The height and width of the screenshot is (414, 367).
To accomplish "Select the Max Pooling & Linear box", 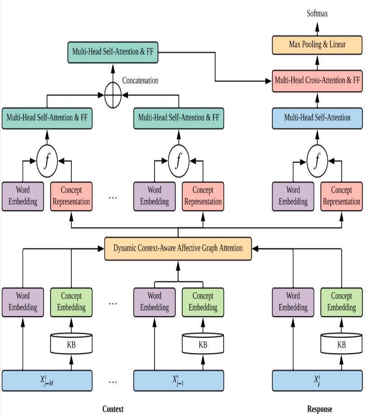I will click(x=317, y=44).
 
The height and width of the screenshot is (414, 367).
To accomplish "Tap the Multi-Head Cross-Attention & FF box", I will click(x=317, y=81).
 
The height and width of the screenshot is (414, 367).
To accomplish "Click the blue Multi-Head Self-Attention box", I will click(x=317, y=118).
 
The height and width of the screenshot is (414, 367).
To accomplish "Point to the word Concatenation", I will click(x=140, y=81).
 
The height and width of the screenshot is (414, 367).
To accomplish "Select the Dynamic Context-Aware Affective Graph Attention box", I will click(x=178, y=248).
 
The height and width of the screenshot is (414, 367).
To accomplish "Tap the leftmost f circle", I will click(x=47, y=160).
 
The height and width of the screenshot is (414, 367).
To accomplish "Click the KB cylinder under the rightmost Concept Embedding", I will click(x=342, y=345).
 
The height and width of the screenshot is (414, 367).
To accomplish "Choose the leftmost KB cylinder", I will click(x=71, y=345).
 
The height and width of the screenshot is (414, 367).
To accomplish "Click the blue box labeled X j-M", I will click(x=47, y=380).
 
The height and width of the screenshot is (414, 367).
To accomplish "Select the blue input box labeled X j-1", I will click(x=179, y=380).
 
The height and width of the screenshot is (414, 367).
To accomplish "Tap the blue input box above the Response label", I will click(x=317, y=380).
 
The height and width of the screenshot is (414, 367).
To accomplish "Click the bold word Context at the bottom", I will click(x=113, y=409).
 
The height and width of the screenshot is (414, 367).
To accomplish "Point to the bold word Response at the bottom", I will click(x=320, y=409).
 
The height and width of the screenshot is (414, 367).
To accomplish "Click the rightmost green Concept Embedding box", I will click(x=342, y=302).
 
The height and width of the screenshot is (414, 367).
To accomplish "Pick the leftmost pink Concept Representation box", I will click(x=71, y=196).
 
